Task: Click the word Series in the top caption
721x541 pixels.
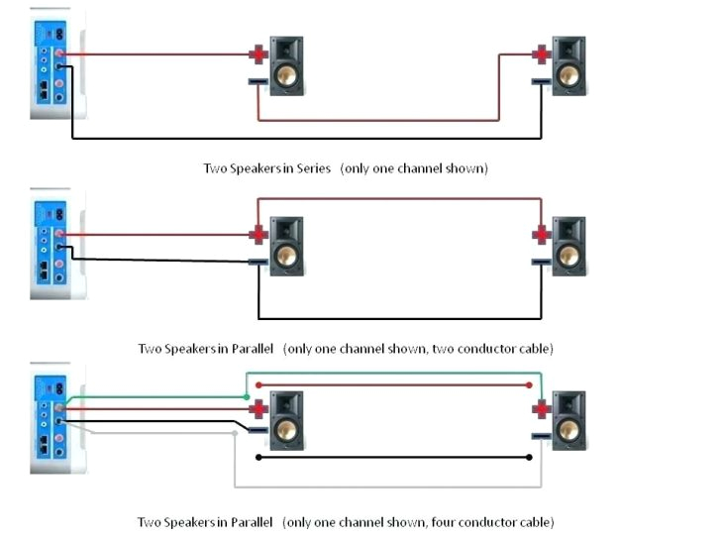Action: click(x=312, y=168)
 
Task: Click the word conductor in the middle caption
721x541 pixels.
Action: click(x=491, y=349)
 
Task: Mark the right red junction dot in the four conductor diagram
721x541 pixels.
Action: click(x=529, y=385)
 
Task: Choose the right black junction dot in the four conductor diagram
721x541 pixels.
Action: click(x=529, y=457)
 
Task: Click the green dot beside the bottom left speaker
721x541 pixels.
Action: click(x=246, y=396)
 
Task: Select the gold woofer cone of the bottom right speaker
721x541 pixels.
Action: click(x=567, y=427)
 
